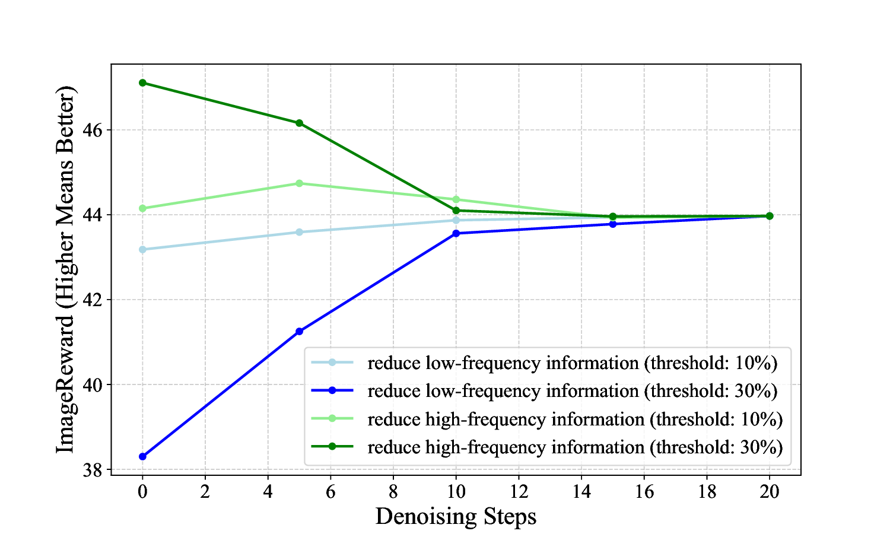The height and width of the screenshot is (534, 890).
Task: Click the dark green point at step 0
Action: tap(142, 82)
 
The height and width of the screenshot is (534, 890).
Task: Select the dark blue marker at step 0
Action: tap(142, 456)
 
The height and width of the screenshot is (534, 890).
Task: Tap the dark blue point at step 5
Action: tap(300, 331)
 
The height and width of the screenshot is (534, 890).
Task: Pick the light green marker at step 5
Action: tap(300, 183)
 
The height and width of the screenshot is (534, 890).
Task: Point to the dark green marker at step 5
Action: tap(300, 123)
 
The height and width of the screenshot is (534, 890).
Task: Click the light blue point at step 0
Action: tap(142, 249)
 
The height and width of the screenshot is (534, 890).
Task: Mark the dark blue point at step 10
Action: tap(456, 233)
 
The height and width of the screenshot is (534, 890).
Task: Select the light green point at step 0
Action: tap(142, 208)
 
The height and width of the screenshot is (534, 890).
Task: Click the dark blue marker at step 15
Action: tap(613, 224)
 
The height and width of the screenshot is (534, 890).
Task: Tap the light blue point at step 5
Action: tap(300, 232)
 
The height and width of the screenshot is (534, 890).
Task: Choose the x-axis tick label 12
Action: tap(519, 491)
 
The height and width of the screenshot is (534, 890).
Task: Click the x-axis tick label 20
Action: tap(770, 491)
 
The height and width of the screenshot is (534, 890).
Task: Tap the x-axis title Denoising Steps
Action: tap(456, 516)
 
